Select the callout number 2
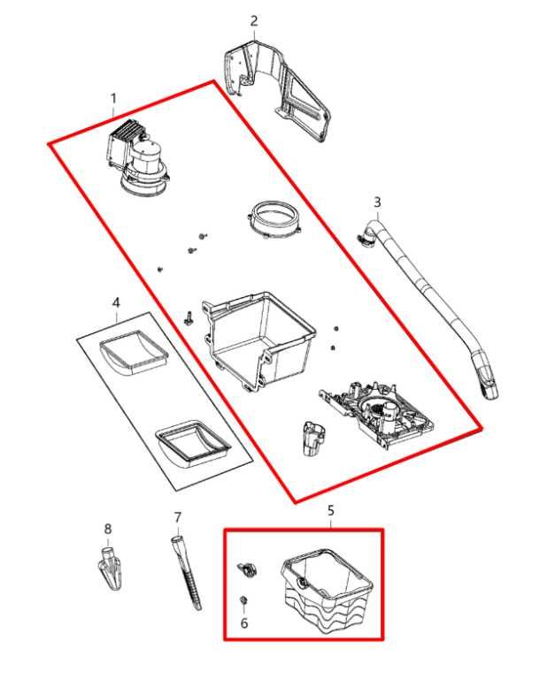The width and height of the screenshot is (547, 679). pyautogui.click(x=254, y=20)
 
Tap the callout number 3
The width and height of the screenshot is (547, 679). pyautogui.click(x=377, y=202)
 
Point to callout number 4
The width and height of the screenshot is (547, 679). pyautogui.click(x=116, y=303)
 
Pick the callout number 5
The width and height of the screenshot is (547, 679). pyautogui.click(x=331, y=511)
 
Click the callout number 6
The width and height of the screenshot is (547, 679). pyautogui.click(x=244, y=623)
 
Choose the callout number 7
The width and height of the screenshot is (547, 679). pyautogui.click(x=177, y=517)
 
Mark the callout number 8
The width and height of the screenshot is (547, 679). pyautogui.click(x=108, y=530)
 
